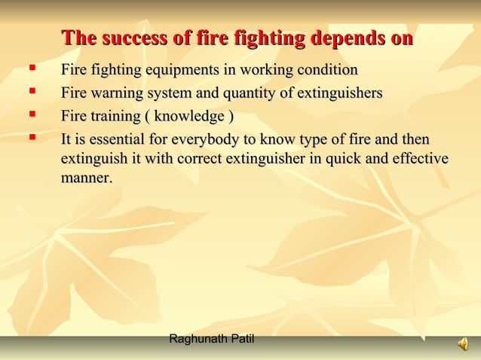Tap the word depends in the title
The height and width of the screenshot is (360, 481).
[x=345, y=38]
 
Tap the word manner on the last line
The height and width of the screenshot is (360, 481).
[x=85, y=179]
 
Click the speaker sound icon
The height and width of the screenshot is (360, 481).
[x=462, y=344]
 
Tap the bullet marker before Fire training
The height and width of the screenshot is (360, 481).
[x=32, y=115]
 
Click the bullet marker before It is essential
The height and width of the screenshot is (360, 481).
[x=32, y=138]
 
